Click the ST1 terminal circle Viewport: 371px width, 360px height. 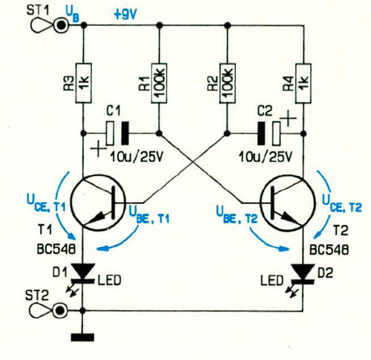[x=61, y=25]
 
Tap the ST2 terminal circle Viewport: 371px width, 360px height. [x=60, y=310]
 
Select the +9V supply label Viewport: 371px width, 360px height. [x=125, y=15]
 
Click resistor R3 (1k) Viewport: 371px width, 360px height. [x=83, y=83]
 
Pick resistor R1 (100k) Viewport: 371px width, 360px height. [x=159, y=83]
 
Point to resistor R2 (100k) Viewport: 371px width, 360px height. [x=227, y=83]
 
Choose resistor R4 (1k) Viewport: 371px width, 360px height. [x=303, y=83]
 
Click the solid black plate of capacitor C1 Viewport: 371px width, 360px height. [x=125, y=133]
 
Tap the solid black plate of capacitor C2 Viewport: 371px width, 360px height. [x=261, y=133]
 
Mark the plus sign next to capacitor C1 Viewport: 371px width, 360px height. [x=98, y=149]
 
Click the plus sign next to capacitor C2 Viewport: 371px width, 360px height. [x=289, y=118]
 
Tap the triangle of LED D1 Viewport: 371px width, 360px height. [x=83, y=271]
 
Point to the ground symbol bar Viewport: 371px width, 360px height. [x=82, y=338]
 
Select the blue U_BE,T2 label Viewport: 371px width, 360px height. [x=237, y=215]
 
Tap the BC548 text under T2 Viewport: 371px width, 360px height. [x=329, y=249]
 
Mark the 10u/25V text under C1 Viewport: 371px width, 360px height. [x=137, y=157]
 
